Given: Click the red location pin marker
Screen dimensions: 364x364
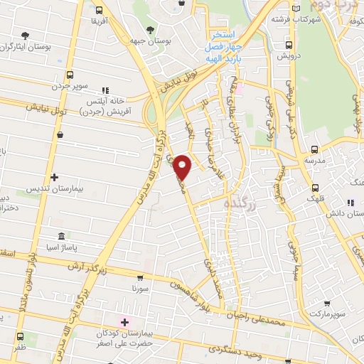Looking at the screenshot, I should [x=183, y=166].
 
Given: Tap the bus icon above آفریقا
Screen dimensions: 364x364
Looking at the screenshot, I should [x=98, y=11].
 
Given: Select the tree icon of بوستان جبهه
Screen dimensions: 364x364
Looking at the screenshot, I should [x=149, y=29].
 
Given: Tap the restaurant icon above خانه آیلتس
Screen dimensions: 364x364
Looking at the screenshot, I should [x=106, y=90].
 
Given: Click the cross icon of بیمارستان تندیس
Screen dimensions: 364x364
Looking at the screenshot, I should [x=54, y=177].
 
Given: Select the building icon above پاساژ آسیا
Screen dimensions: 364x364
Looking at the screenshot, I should [x=60, y=235].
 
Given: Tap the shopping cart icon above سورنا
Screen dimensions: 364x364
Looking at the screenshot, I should [x=140, y=279].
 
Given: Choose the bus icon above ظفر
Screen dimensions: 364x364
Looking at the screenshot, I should [x=20, y=338].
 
